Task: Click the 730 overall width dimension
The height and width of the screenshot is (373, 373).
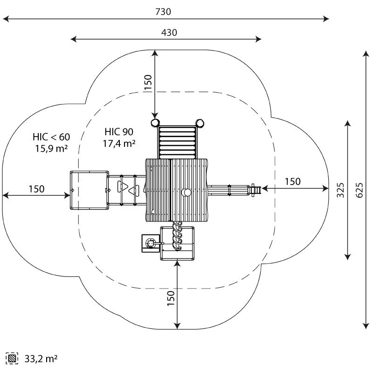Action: (x=163, y=12)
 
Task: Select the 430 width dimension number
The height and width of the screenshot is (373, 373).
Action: (x=169, y=33)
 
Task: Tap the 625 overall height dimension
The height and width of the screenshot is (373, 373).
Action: (x=359, y=190)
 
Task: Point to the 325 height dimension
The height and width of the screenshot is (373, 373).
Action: (x=340, y=190)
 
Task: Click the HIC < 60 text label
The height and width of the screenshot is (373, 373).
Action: (x=51, y=137)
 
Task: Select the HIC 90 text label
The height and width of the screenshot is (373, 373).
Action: (x=119, y=132)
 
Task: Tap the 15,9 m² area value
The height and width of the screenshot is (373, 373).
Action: (x=51, y=148)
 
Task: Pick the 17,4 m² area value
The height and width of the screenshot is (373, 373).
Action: (x=119, y=143)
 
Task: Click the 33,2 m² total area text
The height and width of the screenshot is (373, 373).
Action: (x=41, y=359)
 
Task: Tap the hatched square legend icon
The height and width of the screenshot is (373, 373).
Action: (x=12, y=359)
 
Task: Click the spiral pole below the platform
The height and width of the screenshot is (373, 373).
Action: (x=177, y=235)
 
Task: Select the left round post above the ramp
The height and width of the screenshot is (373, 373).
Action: (x=155, y=123)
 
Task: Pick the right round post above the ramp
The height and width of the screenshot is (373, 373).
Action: (x=200, y=123)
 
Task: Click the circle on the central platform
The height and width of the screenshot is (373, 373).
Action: (x=186, y=193)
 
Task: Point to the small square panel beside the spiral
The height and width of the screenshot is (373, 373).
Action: (x=151, y=243)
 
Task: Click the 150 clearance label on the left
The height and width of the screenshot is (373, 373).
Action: (x=37, y=189)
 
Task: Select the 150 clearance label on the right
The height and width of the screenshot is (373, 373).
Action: (x=293, y=181)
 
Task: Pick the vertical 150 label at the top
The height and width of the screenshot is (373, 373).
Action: (x=148, y=82)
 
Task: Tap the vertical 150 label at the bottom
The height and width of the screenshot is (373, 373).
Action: (x=171, y=298)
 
